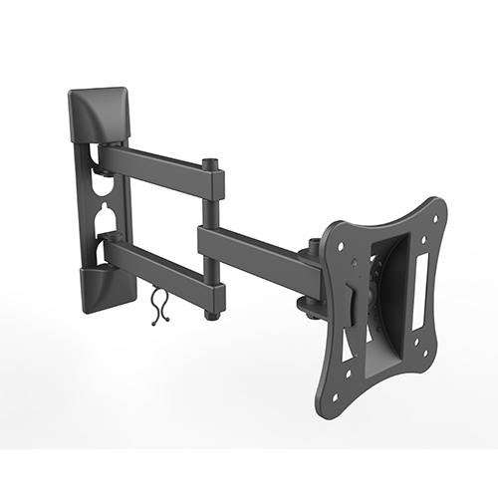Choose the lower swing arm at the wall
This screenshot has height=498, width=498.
pos(159,261)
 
